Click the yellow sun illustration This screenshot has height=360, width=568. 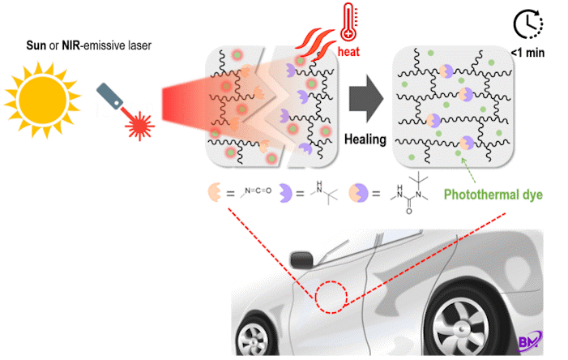(x=43, y=100)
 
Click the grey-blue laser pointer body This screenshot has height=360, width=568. (x=109, y=96)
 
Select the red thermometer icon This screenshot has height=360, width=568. (x=348, y=22)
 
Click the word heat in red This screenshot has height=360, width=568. (x=348, y=51)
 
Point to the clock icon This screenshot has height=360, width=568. (x=528, y=24)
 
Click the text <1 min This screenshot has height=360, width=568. (x=527, y=53)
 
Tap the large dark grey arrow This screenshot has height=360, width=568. (x=366, y=99)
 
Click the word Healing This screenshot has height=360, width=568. (x=365, y=139)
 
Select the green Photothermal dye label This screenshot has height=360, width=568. (x=493, y=195)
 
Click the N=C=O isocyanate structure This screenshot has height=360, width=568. (x=256, y=191)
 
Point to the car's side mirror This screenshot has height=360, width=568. (x=301, y=259)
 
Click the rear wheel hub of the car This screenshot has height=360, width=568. (x=461, y=329)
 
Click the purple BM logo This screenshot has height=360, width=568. (x=530, y=341)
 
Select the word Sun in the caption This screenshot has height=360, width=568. (x=36, y=45)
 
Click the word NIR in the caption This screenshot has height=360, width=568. (x=70, y=45)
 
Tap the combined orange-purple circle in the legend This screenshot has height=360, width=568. (x=358, y=193)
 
